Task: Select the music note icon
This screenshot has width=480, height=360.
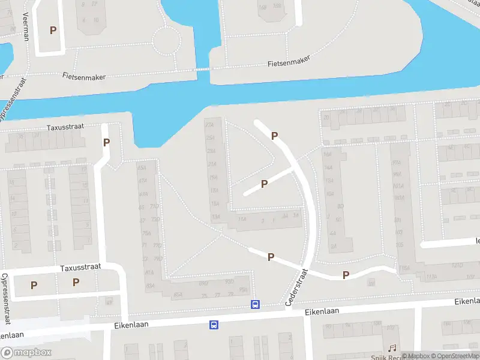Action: point(392,348)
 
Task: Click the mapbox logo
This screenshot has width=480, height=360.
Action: point(26,353)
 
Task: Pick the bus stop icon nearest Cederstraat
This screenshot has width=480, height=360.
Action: point(256,305)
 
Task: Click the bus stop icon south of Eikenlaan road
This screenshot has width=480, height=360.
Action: point(214,325)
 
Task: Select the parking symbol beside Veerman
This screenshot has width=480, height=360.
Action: point(53,30)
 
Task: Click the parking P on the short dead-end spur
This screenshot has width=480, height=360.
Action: point(264,184)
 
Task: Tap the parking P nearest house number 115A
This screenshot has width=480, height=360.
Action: point(346,275)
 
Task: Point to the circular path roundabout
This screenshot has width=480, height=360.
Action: point(166,41)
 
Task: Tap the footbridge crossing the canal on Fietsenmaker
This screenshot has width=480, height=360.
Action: point(203,69)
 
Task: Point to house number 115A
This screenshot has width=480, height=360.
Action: point(406,268)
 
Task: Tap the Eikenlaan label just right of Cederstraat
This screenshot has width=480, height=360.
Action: point(322,311)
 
